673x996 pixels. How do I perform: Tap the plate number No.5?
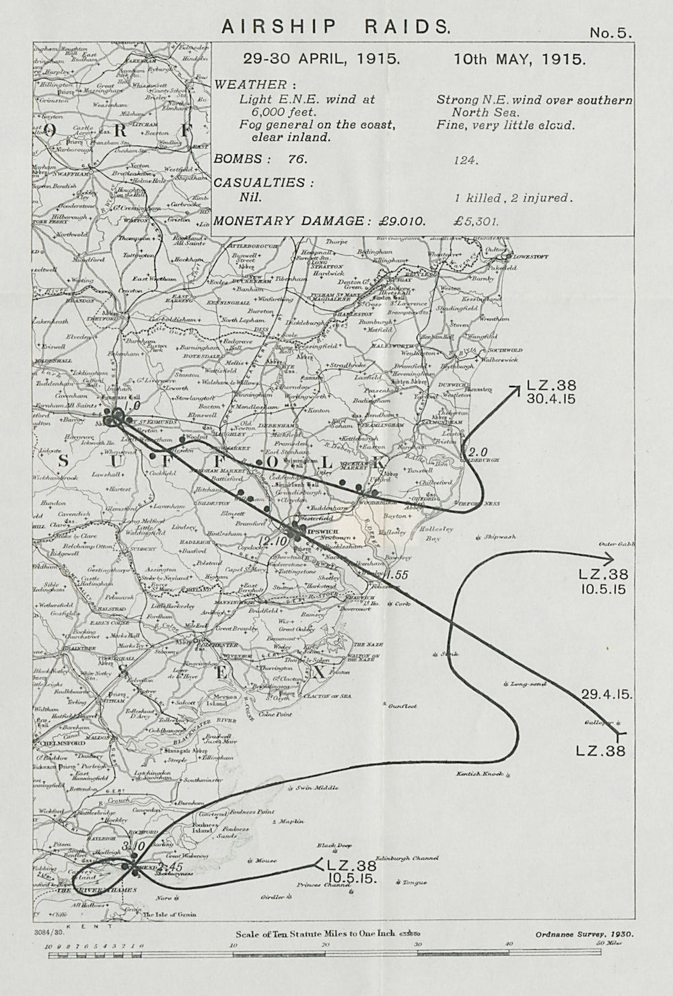pos(610,33)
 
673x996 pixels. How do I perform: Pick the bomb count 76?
pos(294,160)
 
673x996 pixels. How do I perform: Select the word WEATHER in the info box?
pos(250,85)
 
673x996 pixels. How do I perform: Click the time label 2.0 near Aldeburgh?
pos(477,451)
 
